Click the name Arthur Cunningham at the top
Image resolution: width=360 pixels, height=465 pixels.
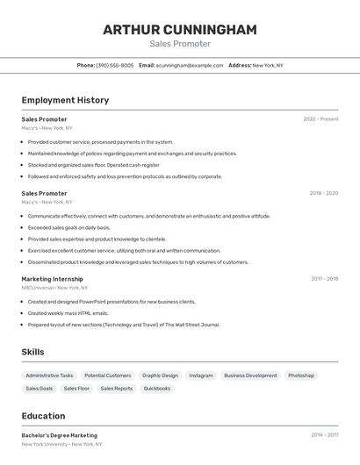[180, 30]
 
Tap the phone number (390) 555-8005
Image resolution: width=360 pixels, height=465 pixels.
[115, 65]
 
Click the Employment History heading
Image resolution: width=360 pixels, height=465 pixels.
[65, 100]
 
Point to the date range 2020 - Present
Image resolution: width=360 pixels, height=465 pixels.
[320, 119]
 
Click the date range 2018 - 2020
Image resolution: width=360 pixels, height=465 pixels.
[323, 193]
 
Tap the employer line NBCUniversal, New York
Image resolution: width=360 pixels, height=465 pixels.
[54, 288]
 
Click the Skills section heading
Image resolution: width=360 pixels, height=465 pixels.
[32, 352]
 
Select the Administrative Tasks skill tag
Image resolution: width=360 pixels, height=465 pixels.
[49, 376]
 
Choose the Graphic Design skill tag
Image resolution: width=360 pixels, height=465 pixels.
[160, 376]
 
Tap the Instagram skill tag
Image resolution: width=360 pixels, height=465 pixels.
[200, 376]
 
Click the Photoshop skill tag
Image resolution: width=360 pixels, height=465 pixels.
[300, 376]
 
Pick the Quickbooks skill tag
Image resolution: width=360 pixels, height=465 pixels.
[157, 388]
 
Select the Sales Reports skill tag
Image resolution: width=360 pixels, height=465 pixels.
[116, 388]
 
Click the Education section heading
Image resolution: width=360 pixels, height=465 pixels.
[43, 416]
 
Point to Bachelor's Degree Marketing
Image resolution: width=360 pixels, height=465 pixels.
[59, 435]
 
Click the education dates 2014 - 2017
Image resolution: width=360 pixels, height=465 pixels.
[324, 435]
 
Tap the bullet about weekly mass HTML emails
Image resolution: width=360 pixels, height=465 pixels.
[68, 313]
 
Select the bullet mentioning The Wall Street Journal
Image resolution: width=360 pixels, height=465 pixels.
[123, 325]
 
